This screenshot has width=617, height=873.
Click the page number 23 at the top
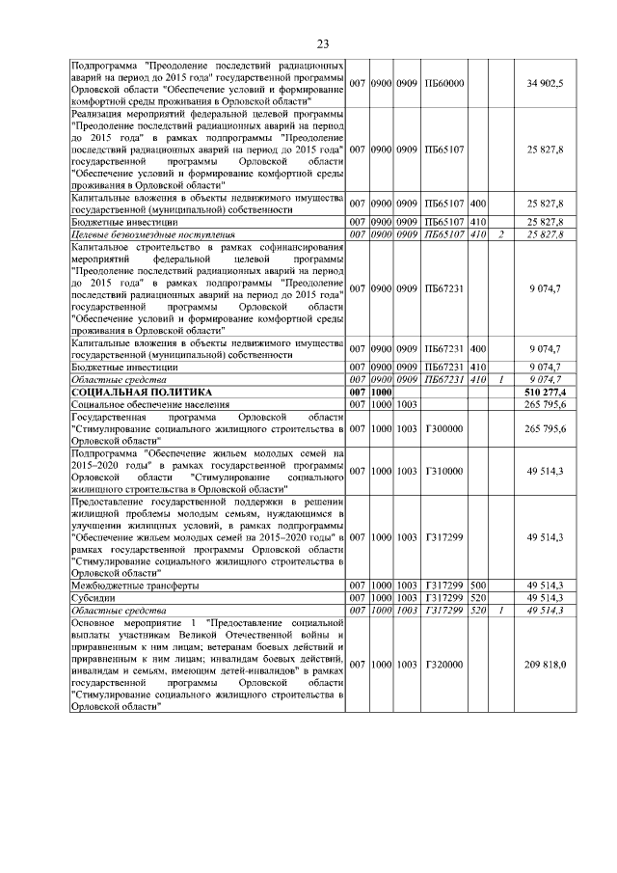(323, 43)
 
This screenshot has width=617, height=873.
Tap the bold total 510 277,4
(545, 392)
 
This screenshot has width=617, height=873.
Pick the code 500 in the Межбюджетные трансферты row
(478, 586)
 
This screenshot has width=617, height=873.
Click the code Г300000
(444, 427)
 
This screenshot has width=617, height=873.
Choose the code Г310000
(444, 471)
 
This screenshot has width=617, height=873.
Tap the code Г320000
(444, 665)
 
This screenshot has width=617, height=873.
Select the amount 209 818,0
(546, 665)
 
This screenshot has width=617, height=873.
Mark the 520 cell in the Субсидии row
(478, 598)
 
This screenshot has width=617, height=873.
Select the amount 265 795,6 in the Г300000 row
(545, 427)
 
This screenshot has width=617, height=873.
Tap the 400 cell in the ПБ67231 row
(478, 348)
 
